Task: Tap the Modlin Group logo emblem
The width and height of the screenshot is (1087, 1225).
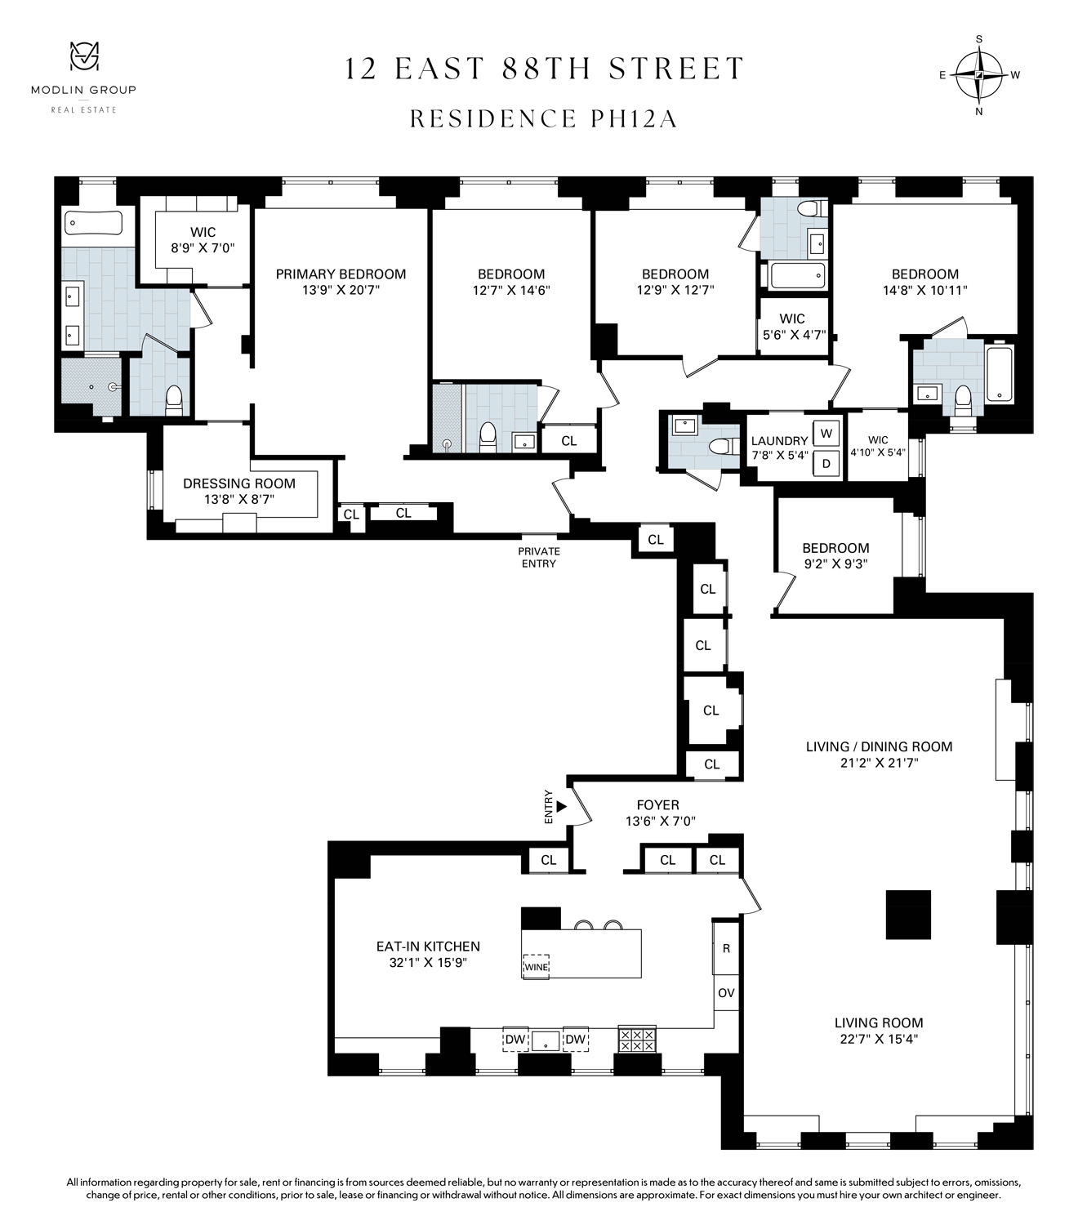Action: (x=84, y=56)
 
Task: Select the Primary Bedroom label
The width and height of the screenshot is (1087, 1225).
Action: (x=341, y=274)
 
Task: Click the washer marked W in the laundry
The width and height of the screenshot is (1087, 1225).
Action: (x=826, y=433)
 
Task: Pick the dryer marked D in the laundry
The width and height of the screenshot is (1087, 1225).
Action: (x=826, y=464)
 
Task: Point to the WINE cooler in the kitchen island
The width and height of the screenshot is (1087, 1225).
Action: (x=536, y=966)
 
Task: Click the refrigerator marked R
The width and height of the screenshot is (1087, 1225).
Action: (x=726, y=948)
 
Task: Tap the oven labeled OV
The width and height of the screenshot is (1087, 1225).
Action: (x=726, y=993)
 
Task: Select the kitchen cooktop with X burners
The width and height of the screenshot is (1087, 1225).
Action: (x=637, y=1040)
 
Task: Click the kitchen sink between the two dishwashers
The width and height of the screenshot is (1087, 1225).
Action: (x=546, y=1040)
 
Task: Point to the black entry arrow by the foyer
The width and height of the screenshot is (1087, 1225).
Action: (x=562, y=806)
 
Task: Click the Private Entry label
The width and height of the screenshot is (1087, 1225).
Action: (x=539, y=557)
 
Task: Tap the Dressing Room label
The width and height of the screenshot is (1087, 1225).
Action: (x=239, y=483)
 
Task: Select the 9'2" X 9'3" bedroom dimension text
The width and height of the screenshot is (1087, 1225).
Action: (x=836, y=564)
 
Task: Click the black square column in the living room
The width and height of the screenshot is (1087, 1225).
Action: (x=908, y=915)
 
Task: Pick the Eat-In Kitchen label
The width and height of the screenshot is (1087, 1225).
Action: (x=428, y=947)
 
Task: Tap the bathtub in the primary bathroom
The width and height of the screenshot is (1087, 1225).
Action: (x=94, y=223)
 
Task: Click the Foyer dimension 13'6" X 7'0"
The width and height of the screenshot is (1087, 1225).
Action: (x=661, y=821)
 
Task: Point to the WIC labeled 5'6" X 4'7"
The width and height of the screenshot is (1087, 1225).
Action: (x=792, y=327)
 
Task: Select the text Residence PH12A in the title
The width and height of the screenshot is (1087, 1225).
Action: (x=544, y=118)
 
